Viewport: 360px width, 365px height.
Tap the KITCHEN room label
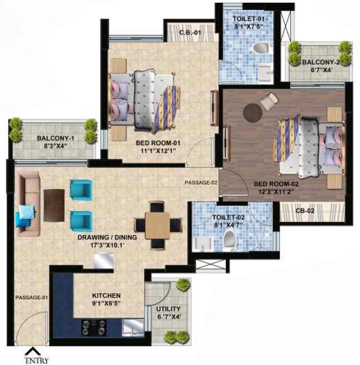107,295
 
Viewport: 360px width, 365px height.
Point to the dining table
158,225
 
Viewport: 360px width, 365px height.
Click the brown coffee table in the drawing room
54,205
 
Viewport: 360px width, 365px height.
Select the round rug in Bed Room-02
252,112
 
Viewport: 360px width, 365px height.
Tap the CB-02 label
305,211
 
